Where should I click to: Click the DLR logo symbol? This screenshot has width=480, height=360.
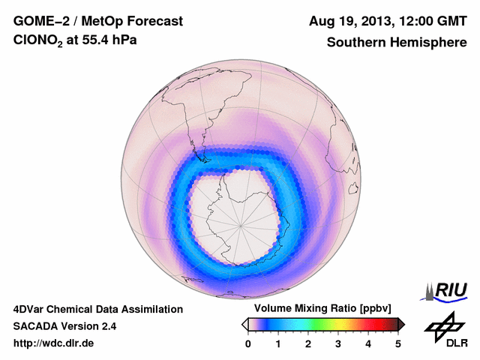[x=443, y=326]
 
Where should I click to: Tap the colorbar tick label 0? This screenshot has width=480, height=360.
[x=248, y=343]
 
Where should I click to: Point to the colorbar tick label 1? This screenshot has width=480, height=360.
[x=278, y=343]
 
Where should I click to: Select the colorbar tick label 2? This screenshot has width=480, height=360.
[x=308, y=343]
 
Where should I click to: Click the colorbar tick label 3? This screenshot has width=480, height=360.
[x=338, y=343]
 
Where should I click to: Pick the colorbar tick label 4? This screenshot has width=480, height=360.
[x=368, y=343]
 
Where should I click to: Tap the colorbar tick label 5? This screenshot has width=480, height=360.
[x=398, y=343]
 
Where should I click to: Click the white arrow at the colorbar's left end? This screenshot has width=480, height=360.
[x=244, y=324]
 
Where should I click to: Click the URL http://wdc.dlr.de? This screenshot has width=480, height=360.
[x=54, y=343]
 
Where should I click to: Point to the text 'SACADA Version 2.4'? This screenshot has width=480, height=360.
[x=64, y=326]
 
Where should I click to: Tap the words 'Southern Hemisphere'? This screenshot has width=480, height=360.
[x=396, y=43]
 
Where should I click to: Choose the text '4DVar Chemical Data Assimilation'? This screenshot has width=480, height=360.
[x=97, y=309]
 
